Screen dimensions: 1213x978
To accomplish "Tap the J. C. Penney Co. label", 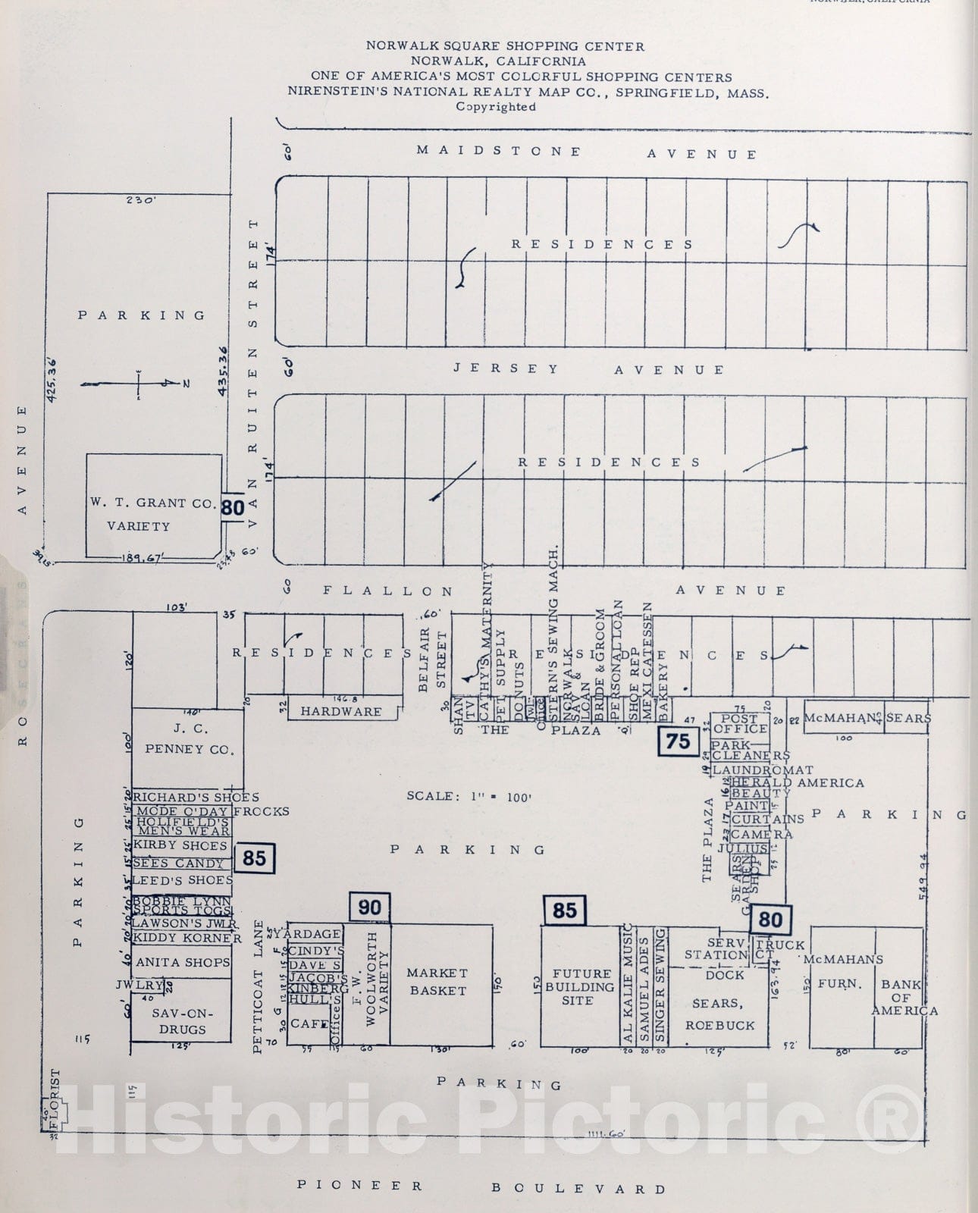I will [187, 739].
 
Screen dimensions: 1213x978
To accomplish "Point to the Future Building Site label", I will [582, 986].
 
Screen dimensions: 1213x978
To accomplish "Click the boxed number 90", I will [370, 907].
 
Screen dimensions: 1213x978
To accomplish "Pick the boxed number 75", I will [678, 741].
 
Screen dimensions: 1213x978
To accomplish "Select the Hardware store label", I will [341, 711].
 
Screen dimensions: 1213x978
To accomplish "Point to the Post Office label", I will [739, 723].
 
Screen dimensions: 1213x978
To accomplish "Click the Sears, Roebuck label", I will [720, 1014].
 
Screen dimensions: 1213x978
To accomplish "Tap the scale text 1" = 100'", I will [469, 796].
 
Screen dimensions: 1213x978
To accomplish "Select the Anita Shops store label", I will [183, 962].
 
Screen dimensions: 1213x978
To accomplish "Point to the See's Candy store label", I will [179, 863].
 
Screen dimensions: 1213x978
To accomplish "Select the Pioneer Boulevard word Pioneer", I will [360, 1185].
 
